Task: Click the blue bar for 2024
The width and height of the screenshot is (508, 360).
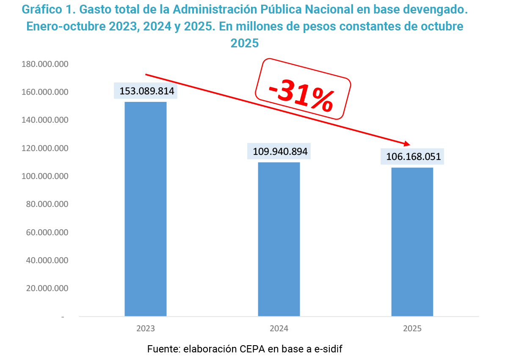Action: coord(279,239)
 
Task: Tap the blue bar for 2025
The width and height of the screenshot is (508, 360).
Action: coord(412,242)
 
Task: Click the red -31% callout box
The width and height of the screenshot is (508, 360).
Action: coord(303,89)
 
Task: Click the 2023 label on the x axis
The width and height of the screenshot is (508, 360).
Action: coord(145,328)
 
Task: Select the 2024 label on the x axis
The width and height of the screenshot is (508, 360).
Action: coord(279,328)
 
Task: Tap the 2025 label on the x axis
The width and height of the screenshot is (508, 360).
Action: coord(412,328)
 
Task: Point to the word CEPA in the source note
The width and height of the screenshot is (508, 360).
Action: coord(254,349)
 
